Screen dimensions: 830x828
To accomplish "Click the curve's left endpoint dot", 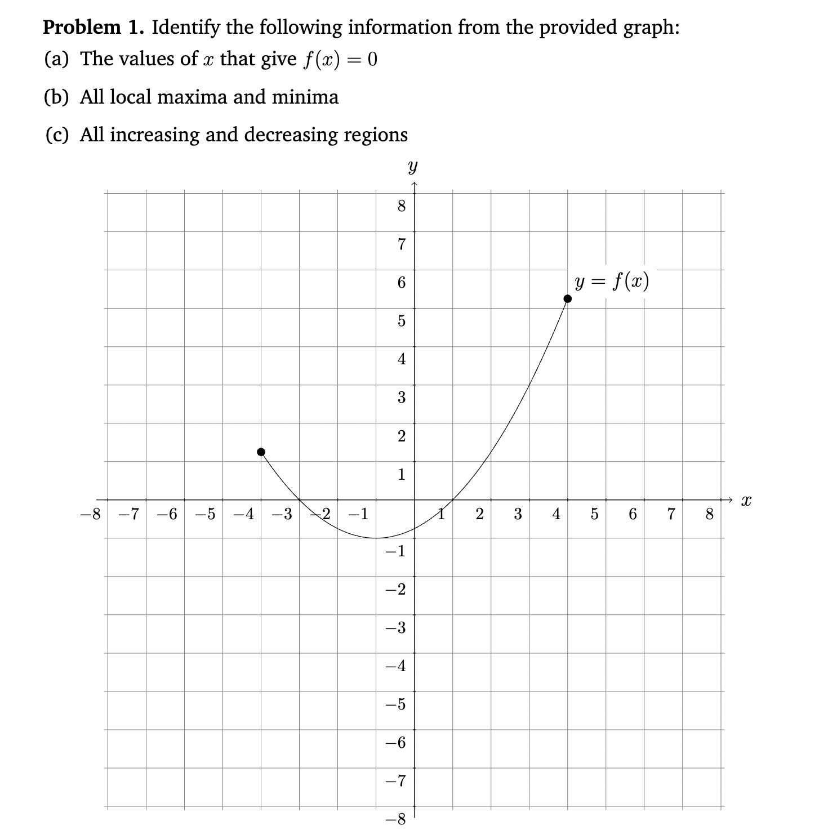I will (x=261, y=452).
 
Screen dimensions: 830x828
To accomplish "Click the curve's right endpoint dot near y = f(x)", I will (x=568, y=298).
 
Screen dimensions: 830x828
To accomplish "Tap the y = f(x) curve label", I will (x=612, y=280).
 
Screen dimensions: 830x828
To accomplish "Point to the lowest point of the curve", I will (x=376, y=538).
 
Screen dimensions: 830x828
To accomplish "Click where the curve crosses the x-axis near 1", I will (x=453, y=499).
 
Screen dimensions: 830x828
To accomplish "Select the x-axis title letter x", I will (x=746, y=499).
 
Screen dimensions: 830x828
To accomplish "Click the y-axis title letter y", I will (x=413, y=167).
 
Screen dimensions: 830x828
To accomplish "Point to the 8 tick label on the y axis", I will (x=401, y=207).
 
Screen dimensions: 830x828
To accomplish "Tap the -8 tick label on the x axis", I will (x=90, y=514).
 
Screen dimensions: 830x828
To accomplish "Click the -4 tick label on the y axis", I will (x=396, y=666).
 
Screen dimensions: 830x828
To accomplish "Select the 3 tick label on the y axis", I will (x=401, y=398).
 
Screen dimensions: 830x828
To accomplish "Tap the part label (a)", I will (x=56, y=59).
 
